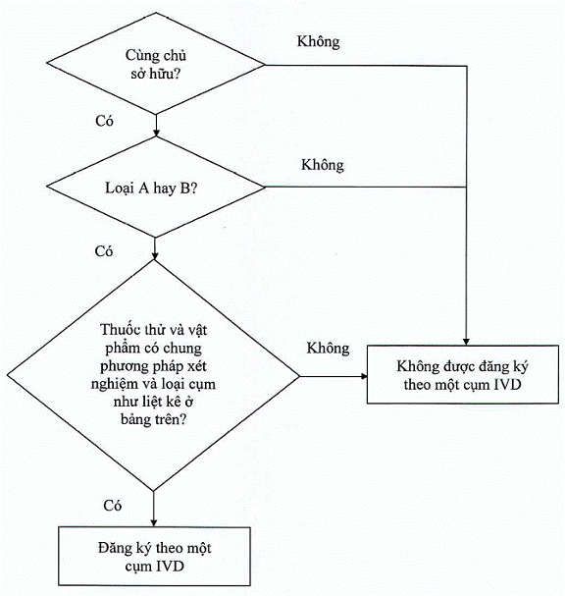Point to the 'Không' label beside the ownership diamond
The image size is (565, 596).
[318, 42]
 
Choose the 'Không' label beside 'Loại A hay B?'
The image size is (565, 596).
[323, 165]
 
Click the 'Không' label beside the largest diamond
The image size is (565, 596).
[328, 349]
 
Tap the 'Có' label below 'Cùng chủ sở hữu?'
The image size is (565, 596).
[104, 121]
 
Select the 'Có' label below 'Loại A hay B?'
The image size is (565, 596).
[104, 251]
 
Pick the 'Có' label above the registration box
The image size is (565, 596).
[113, 506]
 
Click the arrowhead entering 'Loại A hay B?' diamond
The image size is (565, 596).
[156, 133]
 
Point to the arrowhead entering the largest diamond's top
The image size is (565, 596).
[155, 256]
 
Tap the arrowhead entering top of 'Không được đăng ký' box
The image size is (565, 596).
[466, 342]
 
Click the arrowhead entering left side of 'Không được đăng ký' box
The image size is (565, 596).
[364, 376]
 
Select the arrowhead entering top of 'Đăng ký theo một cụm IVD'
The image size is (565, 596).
[153, 522]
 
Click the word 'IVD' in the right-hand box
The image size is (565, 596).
[507, 384]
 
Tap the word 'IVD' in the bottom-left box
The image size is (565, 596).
[170, 566]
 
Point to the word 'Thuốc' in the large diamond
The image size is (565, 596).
[116, 330]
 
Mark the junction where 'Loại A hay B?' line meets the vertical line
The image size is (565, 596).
[466, 187]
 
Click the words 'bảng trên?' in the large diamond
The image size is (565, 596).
[154, 419]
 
